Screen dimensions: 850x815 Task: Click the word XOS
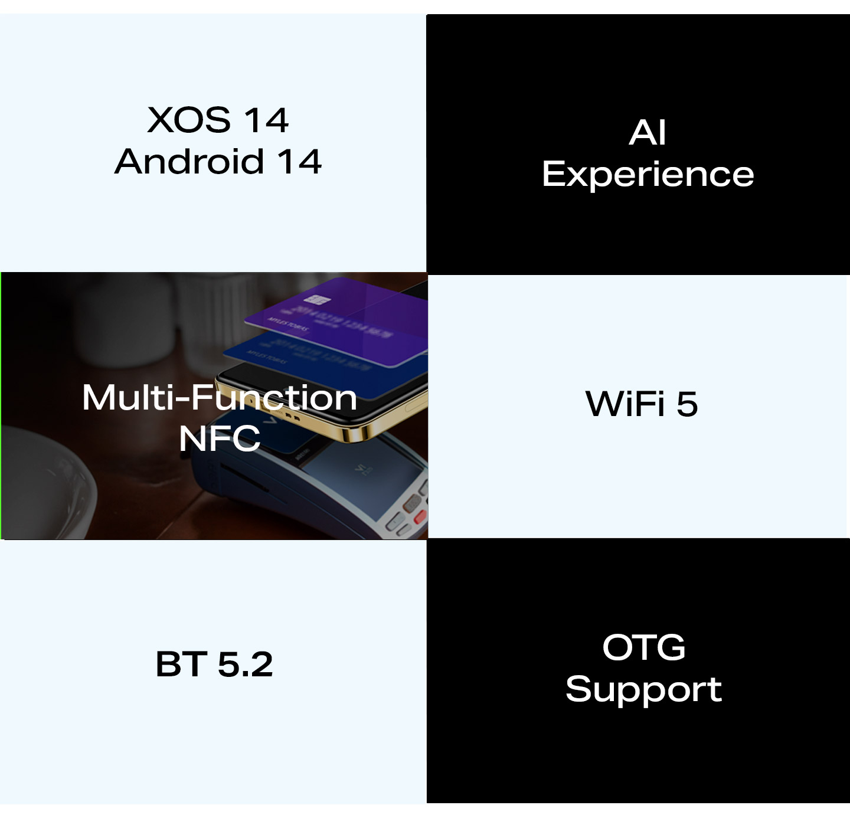pos(189,120)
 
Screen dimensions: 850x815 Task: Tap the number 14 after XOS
pos(266,120)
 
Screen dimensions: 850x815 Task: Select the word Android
pos(189,162)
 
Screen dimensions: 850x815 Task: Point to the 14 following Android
pos(300,162)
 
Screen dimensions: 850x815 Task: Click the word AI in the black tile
pos(648,132)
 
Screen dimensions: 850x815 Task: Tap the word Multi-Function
pos(219,397)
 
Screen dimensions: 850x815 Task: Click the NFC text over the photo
pos(219,438)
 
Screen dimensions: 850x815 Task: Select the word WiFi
pos(625,404)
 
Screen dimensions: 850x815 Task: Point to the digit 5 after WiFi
pos(687,404)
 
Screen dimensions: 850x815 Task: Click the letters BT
pos(181,664)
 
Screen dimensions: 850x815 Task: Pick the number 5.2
pos(245,665)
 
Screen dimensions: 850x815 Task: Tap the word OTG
pos(643,647)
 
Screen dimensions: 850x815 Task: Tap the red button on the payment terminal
pos(420,517)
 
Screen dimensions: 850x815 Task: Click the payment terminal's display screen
pos(362,477)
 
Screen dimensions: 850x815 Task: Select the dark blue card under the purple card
pos(323,362)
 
